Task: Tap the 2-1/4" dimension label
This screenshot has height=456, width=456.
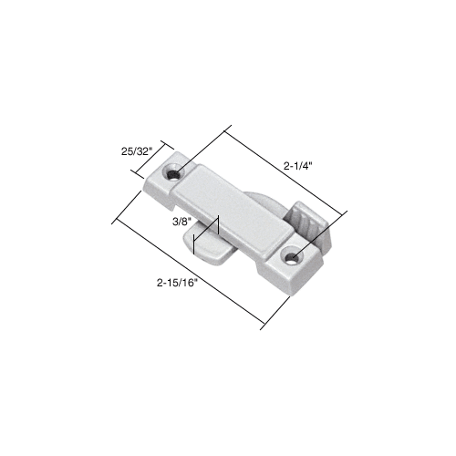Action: (299, 166)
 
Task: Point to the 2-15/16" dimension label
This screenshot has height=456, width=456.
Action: (176, 283)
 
